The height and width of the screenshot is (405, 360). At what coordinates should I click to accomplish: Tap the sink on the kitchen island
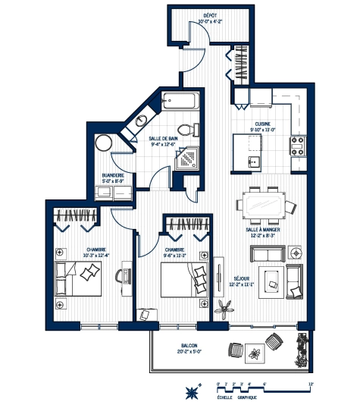click(255, 162)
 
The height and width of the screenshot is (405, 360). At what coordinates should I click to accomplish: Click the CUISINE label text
click(263, 123)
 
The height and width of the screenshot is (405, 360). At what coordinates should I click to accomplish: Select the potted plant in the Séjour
click(224, 308)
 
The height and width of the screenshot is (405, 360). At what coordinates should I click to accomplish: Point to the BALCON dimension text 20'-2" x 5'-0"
click(188, 351)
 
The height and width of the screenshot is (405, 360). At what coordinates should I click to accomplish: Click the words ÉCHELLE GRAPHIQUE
click(237, 397)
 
